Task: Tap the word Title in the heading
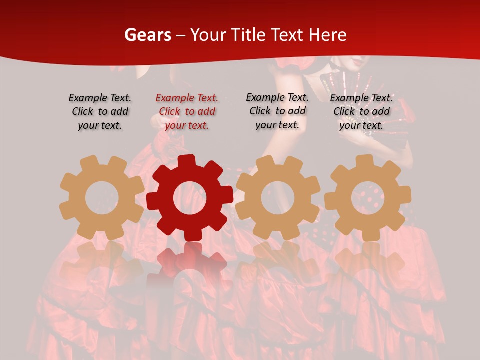249,35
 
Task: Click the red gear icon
190,197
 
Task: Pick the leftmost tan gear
101,197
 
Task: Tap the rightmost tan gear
367,197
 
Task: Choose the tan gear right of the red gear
278,197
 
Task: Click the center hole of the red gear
190,198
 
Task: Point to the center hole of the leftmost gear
101,198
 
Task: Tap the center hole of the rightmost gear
367,198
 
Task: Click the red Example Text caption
187,111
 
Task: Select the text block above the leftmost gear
100,111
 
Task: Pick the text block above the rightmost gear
361,111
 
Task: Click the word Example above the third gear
264,98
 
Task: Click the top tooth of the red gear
187,161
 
